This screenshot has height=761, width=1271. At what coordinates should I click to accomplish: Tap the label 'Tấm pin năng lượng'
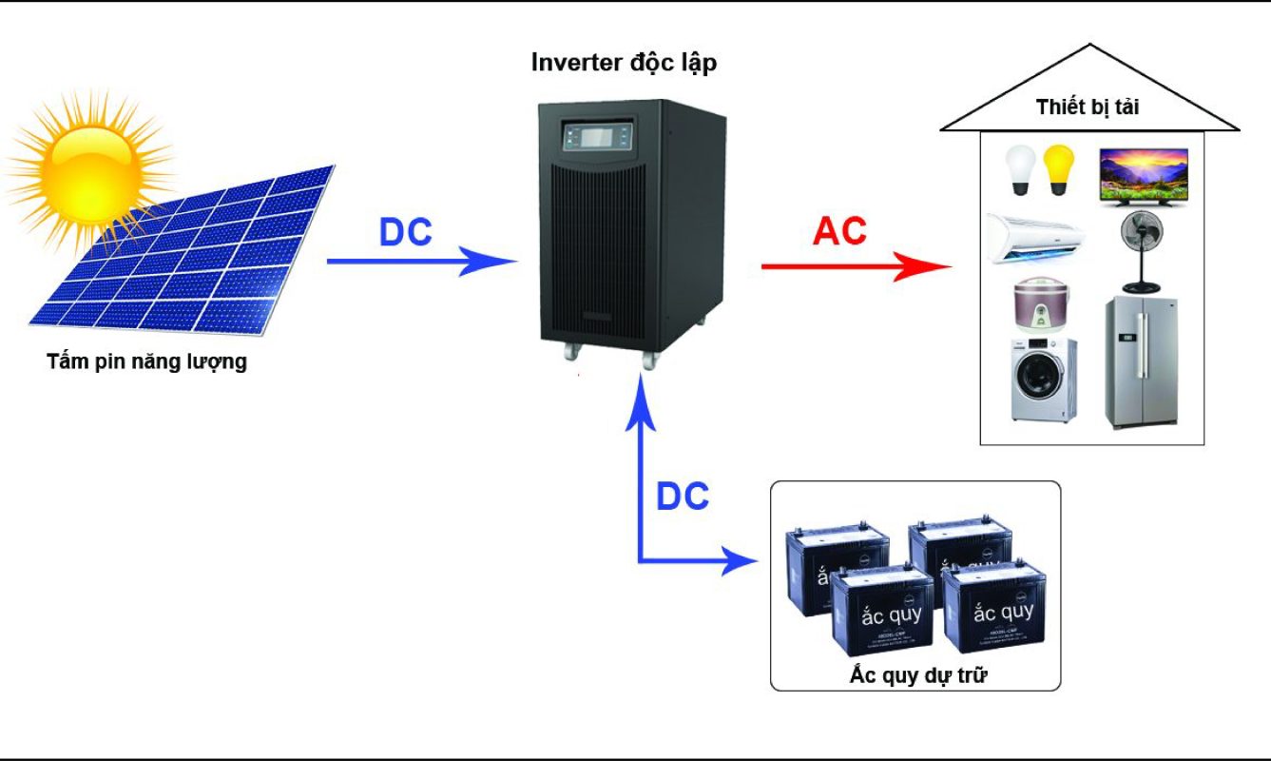pos(146,361)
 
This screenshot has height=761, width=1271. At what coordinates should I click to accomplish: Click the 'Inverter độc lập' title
pos(624,64)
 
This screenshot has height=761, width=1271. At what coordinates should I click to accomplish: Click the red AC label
pos(840,232)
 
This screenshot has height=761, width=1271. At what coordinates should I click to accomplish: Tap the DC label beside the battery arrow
pos(683,496)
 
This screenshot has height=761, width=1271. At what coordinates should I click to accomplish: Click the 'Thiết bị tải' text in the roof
pos(1088,107)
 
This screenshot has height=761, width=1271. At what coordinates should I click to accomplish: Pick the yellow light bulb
pos(1058,169)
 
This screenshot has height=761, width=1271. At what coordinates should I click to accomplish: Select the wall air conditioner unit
pos(1034,234)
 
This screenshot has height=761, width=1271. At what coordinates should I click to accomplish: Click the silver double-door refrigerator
pos(1141,361)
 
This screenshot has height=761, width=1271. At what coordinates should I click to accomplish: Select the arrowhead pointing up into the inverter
pos(645,397)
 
